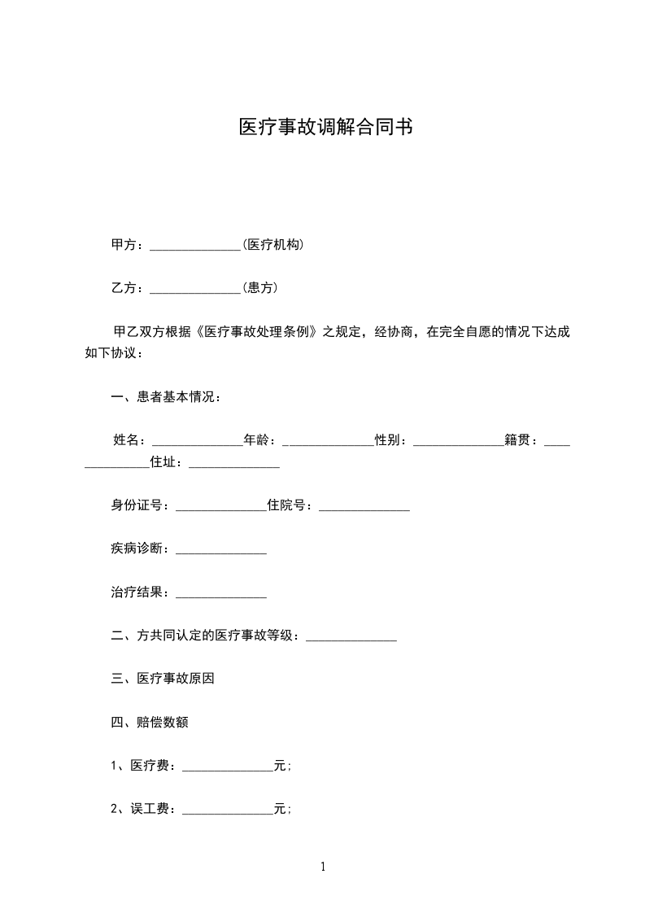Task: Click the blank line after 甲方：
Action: pyautogui.click(x=196, y=246)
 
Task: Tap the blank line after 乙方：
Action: pyautogui.click(x=196, y=289)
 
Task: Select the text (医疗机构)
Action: pyautogui.click(x=273, y=244)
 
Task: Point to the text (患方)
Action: pyautogui.click(x=260, y=287)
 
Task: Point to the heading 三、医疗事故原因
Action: pyautogui.click(x=163, y=679)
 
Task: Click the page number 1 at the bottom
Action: pyautogui.click(x=323, y=867)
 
